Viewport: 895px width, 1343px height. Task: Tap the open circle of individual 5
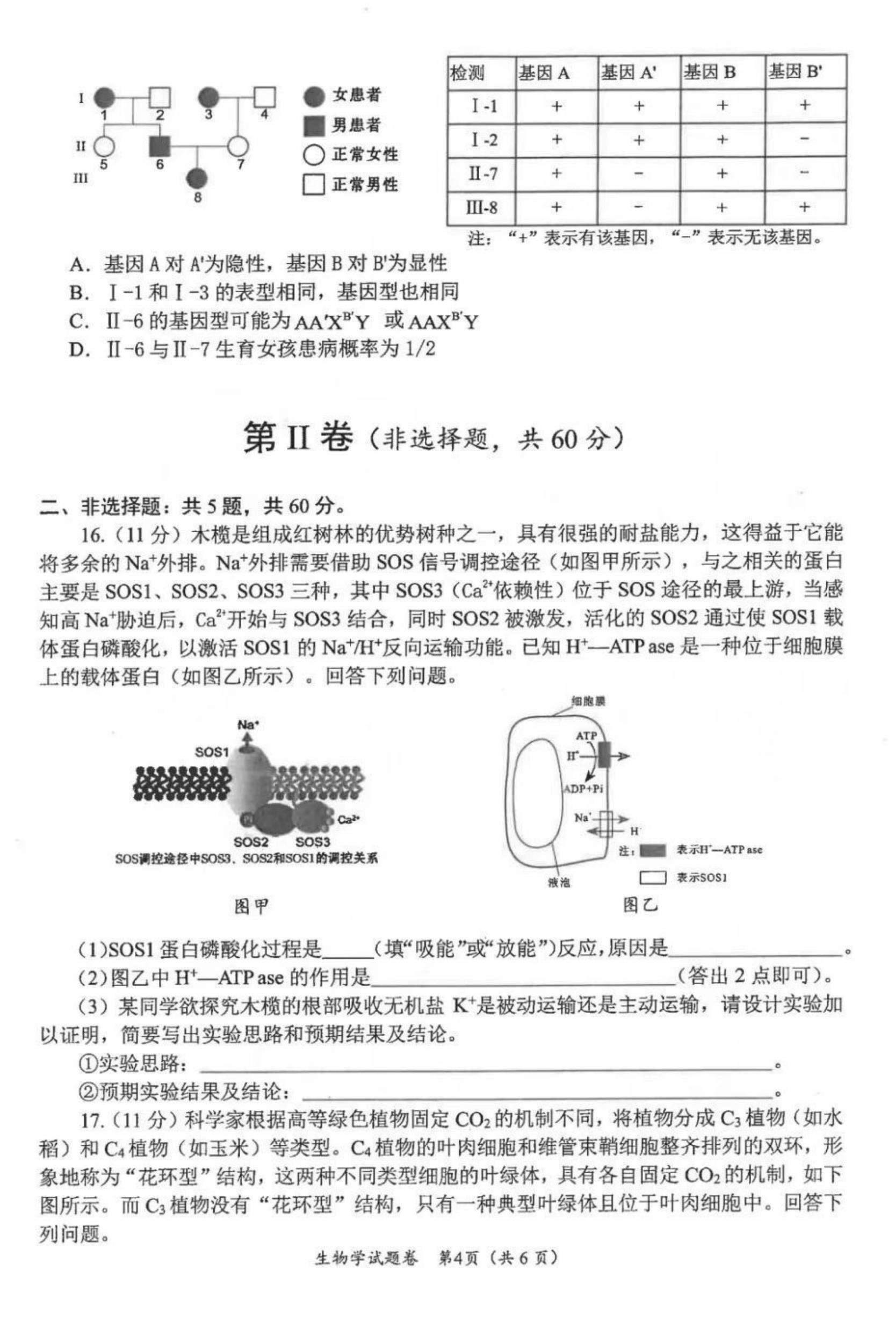pos(103,147)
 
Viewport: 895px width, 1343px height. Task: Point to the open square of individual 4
pos(264,98)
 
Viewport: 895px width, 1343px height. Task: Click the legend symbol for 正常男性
pos(313,184)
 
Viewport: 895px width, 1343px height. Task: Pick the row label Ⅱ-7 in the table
pos(482,173)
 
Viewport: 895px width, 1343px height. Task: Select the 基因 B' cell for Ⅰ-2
pos(804,139)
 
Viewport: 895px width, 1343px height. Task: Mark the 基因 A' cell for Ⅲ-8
pos(639,207)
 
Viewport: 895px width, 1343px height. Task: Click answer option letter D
pos(77,349)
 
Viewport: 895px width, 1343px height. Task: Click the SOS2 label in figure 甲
pos(251,842)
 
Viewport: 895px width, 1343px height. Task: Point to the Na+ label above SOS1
pos(248,725)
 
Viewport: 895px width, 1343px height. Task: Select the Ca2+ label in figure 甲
pos(348,820)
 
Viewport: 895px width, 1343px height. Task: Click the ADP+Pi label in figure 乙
pos(583,789)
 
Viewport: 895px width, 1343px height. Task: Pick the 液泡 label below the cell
pos(559,883)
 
